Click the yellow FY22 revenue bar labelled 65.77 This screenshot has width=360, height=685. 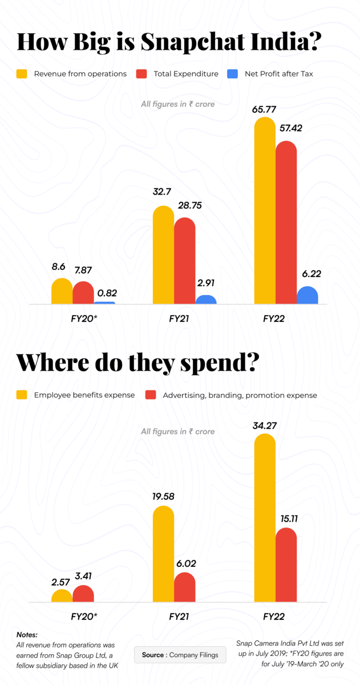click(x=264, y=211)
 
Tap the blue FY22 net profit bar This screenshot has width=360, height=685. click(x=308, y=296)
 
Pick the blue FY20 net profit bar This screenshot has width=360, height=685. click(x=104, y=303)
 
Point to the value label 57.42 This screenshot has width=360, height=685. click(x=290, y=128)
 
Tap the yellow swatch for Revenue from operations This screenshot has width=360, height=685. click(x=22, y=74)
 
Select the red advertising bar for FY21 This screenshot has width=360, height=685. click(x=184, y=588)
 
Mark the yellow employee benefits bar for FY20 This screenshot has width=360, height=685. click(x=62, y=597)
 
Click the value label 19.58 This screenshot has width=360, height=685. click(x=163, y=496)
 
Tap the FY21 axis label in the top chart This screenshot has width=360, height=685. click(x=179, y=319)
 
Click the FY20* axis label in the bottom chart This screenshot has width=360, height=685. click(x=84, y=617)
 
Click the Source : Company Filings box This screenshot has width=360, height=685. click(x=180, y=655)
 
